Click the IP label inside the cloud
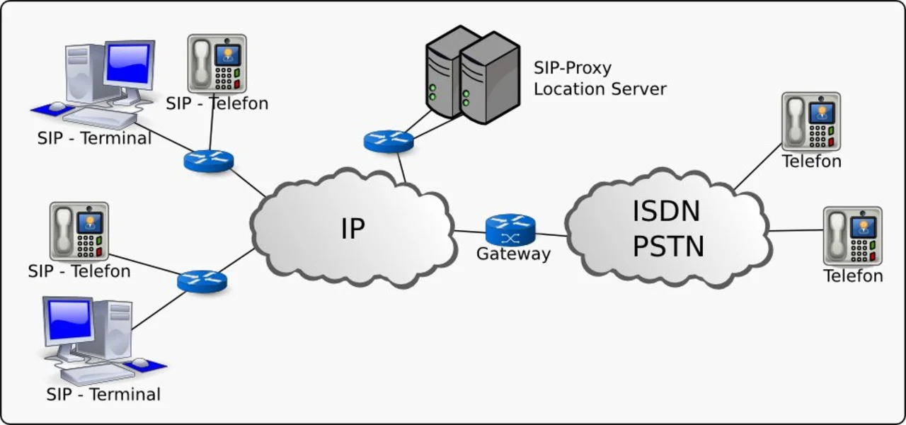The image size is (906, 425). pyautogui.click(x=352, y=228)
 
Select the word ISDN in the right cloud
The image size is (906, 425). pyautogui.click(x=666, y=211)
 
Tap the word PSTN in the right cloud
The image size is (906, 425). pyautogui.click(x=668, y=246)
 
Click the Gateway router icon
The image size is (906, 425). pyautogui.click(x=510, y=229)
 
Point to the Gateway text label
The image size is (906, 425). pyautogui.click(x=513, y=254)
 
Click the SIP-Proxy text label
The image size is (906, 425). pyautogui.click(x=573, y=68)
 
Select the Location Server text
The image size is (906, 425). pyautogui.click(x=600, y=89)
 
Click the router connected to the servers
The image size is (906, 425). pyautogui.click(x=389, y=140)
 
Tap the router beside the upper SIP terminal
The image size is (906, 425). pyautogui.click(x=208, y=161)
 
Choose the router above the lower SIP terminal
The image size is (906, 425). pyautogui.click(x=202, y=280)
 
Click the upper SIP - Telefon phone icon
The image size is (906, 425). pyautogui.click(x=217, y=63)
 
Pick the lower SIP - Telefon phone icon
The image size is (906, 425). pyautogui.click(x=79, y=231)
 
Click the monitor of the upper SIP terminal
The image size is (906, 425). pyautogui.click(x=128, y=64)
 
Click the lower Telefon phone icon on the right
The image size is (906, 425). pyautogui.click(x=852, y=236)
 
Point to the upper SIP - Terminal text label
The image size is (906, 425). pyautogui.click(x=94, y=138)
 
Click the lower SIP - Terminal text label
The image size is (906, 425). pyautogui.click(x=103, y=394)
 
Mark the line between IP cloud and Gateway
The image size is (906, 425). pyautogui.click(x=469, y=232)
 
